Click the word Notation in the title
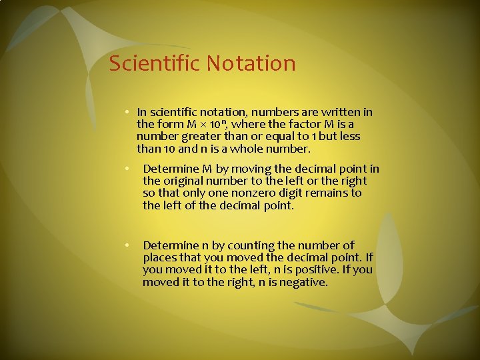[x=251, y=64]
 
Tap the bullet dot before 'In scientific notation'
[x=127, y=112]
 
